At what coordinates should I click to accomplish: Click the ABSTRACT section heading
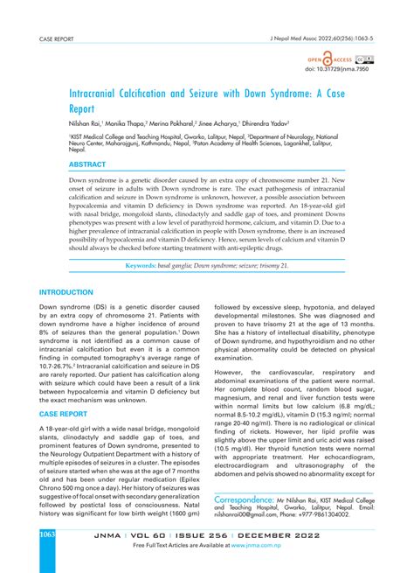tap(63, 164)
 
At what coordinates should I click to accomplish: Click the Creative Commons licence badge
tap(368, 59)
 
